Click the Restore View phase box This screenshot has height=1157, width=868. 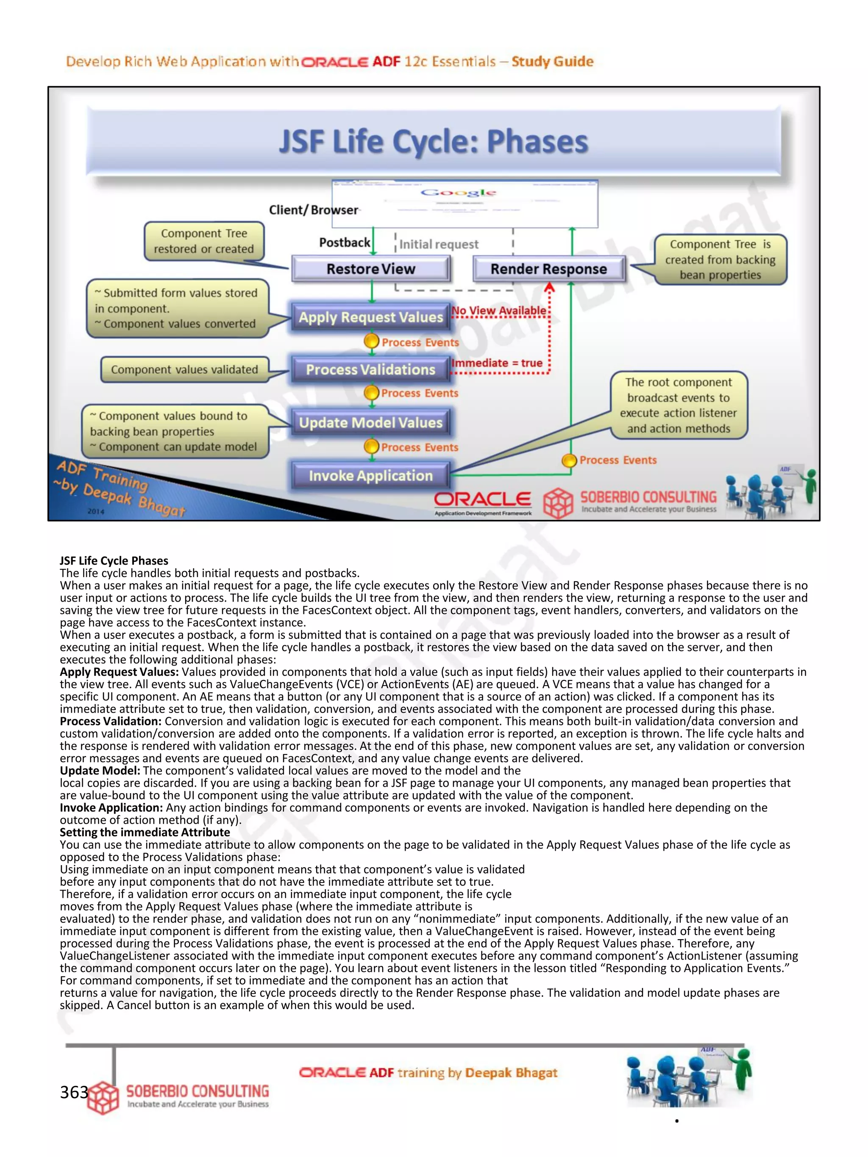(370, 269)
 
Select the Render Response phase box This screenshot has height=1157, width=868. (548, 269)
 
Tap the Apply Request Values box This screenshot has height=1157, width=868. (370, 317)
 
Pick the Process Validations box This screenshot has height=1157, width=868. (370, 369)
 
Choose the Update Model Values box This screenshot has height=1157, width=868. (370, 423)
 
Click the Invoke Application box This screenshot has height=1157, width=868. (370, 475)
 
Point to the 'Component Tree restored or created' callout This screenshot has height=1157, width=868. (204, 241)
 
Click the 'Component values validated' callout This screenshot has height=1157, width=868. (184, 369)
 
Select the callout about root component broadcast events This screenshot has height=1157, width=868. (679, 405)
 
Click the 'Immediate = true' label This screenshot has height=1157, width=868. (497, 363)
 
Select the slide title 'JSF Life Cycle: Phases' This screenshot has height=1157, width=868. (433, 142)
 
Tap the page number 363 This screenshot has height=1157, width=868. (74, 1092)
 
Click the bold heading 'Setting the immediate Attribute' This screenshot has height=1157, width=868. (145, 832)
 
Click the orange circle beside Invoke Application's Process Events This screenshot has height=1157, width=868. (569, 460)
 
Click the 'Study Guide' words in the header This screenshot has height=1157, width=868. (553, 62)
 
